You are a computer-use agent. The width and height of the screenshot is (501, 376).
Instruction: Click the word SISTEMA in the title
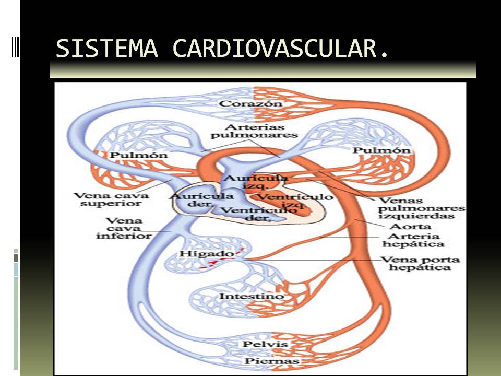[107, 49]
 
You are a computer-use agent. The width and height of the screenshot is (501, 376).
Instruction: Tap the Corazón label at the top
[250, 103]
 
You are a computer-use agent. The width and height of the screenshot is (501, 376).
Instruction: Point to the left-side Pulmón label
[131, 155]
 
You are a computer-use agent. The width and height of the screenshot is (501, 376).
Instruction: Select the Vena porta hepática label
[413, 263]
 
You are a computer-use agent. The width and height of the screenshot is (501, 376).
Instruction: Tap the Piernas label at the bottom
[266, 361]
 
